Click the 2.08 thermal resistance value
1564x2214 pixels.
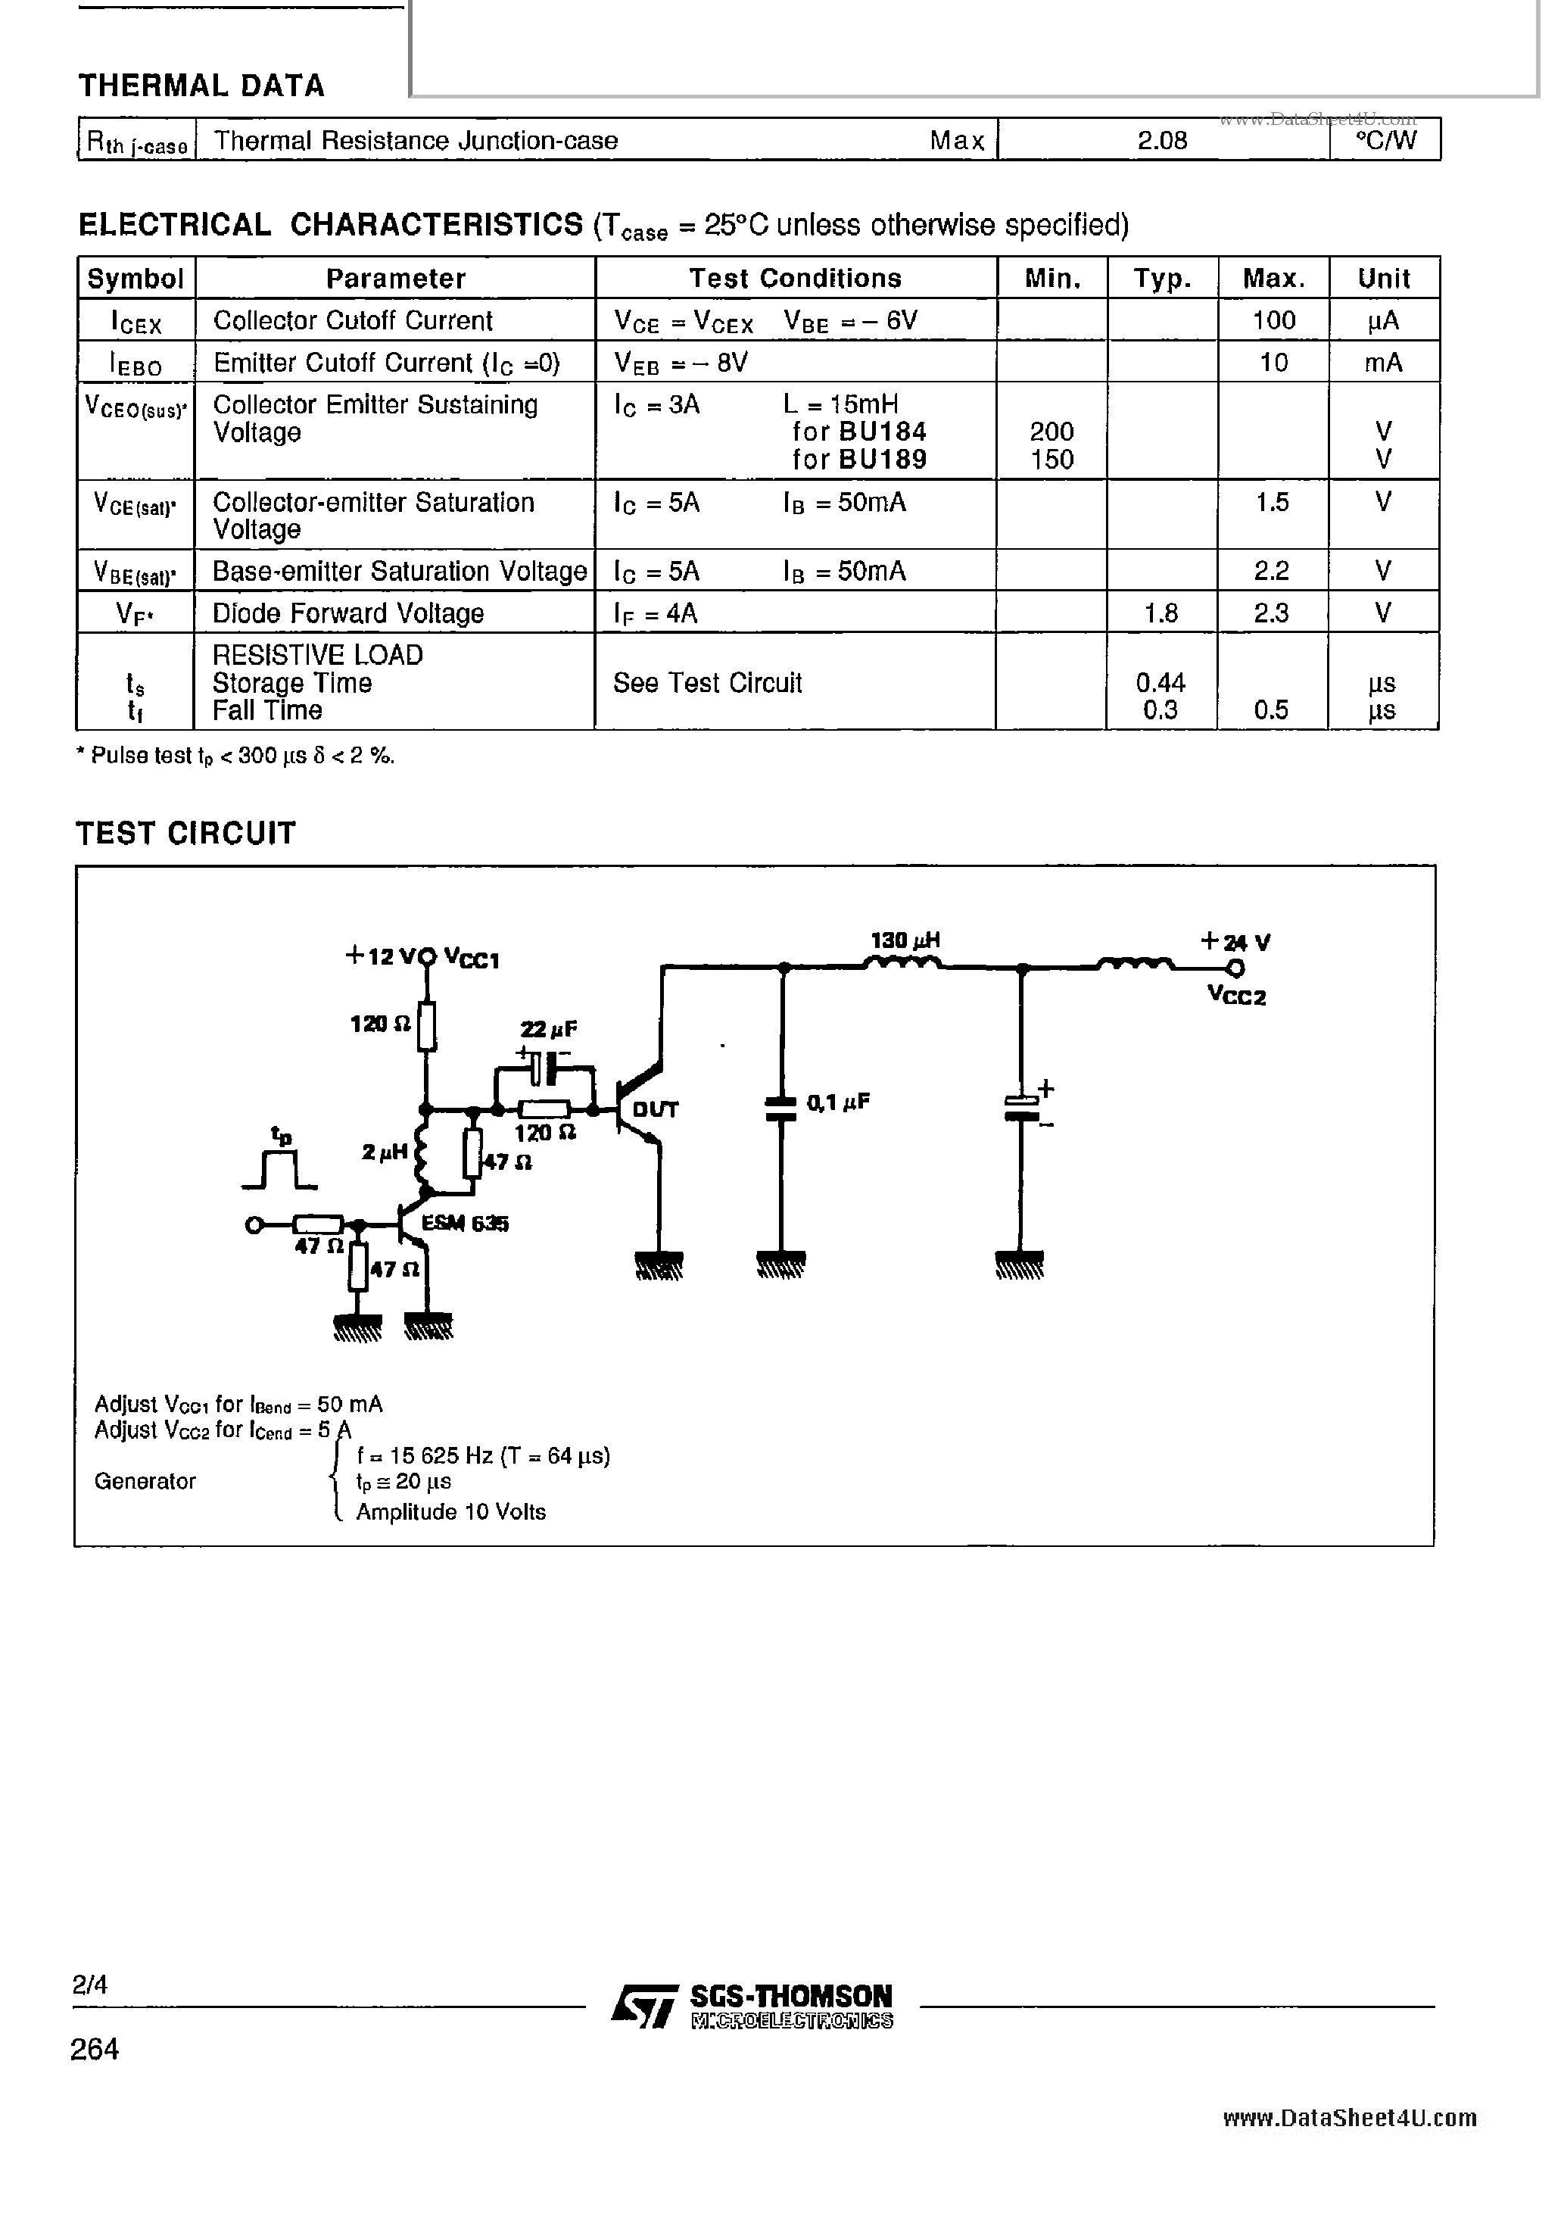coord(1162,141)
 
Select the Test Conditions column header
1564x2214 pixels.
coord(795,279)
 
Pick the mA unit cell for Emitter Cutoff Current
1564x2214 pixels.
coord(1383,363)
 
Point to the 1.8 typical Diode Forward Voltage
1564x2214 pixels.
coord(1161,613)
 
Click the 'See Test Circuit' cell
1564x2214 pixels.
coord(707,683)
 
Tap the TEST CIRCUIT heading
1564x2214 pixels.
coord(185,833)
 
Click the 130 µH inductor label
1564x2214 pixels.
coord(905,939)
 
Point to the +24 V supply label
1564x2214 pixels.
coord(1235,942)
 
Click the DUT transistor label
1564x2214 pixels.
coord(655,1109)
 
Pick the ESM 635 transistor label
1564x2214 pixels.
coord(465,1223)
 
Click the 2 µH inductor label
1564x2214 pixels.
coord(384,1152)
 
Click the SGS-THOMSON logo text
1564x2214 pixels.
coord(790,1996)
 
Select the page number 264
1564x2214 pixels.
coord(95,2049)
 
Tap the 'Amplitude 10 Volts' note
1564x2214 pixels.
coord(450,1512)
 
